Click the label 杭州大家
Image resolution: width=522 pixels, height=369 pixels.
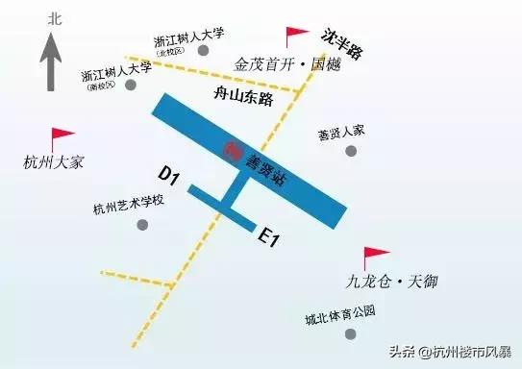click(x=54, y=161)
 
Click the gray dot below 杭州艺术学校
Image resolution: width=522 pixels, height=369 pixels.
click(x=143, y=225)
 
